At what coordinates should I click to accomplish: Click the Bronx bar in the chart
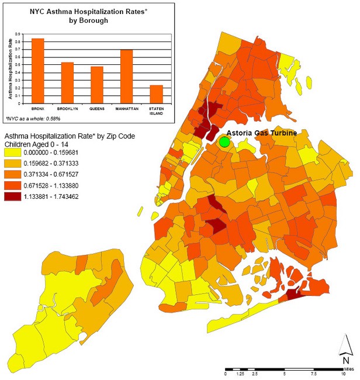pos(38,71)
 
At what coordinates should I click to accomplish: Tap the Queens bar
pos(96,85)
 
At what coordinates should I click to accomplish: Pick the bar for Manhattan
pos(127,77)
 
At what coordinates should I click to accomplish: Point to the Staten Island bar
pos(156,94)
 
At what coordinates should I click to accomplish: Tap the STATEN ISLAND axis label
pos(156,110)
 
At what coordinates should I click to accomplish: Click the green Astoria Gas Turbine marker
pos(224,142)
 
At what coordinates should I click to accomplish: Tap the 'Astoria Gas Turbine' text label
pos(261,133)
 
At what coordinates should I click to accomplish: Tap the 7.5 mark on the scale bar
pos(315,373)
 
